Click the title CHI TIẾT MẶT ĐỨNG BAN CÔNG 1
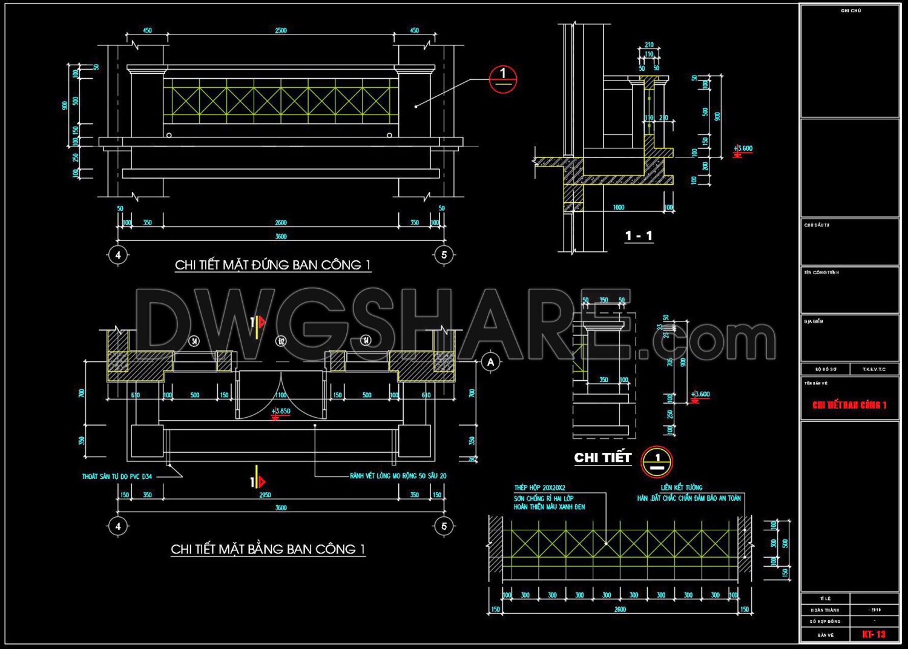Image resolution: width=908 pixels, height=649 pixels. tap(272, 265)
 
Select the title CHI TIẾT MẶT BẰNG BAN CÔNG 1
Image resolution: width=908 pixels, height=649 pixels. tap(268, 549)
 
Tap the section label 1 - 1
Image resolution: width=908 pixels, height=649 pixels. tap(639, 236)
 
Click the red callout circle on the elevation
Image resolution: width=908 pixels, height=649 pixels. tap(503, 79)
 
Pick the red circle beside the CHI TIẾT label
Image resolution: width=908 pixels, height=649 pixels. tap(657, 461)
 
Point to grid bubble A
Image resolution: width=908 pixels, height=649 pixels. tap(491, 363)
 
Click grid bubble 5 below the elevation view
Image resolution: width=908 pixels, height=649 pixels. tap(444, 255)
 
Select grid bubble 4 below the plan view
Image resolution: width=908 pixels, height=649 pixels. tap(118, 526)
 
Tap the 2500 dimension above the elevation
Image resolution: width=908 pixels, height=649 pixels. tap(281, 30)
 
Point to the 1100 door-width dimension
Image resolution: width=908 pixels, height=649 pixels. tap(281, 395)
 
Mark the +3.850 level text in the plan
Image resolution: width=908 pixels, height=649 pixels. tap(281, 411)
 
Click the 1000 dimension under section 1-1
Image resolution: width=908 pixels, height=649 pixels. tap(619, 207)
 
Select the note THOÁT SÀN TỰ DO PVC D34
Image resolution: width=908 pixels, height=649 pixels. tap(117, 476)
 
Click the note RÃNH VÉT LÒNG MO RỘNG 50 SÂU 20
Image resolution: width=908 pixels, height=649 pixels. tap(398, 476)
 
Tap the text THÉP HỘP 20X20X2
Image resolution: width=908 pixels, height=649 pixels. tap(539, 487)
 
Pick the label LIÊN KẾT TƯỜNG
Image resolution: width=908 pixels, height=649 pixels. tap(682, 487)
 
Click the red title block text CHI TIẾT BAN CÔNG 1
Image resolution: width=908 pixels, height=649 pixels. tap(849, 405)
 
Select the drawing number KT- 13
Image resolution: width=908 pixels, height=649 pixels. tap(873, 634)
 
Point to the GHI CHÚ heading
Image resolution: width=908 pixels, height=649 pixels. tap(850, 11)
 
